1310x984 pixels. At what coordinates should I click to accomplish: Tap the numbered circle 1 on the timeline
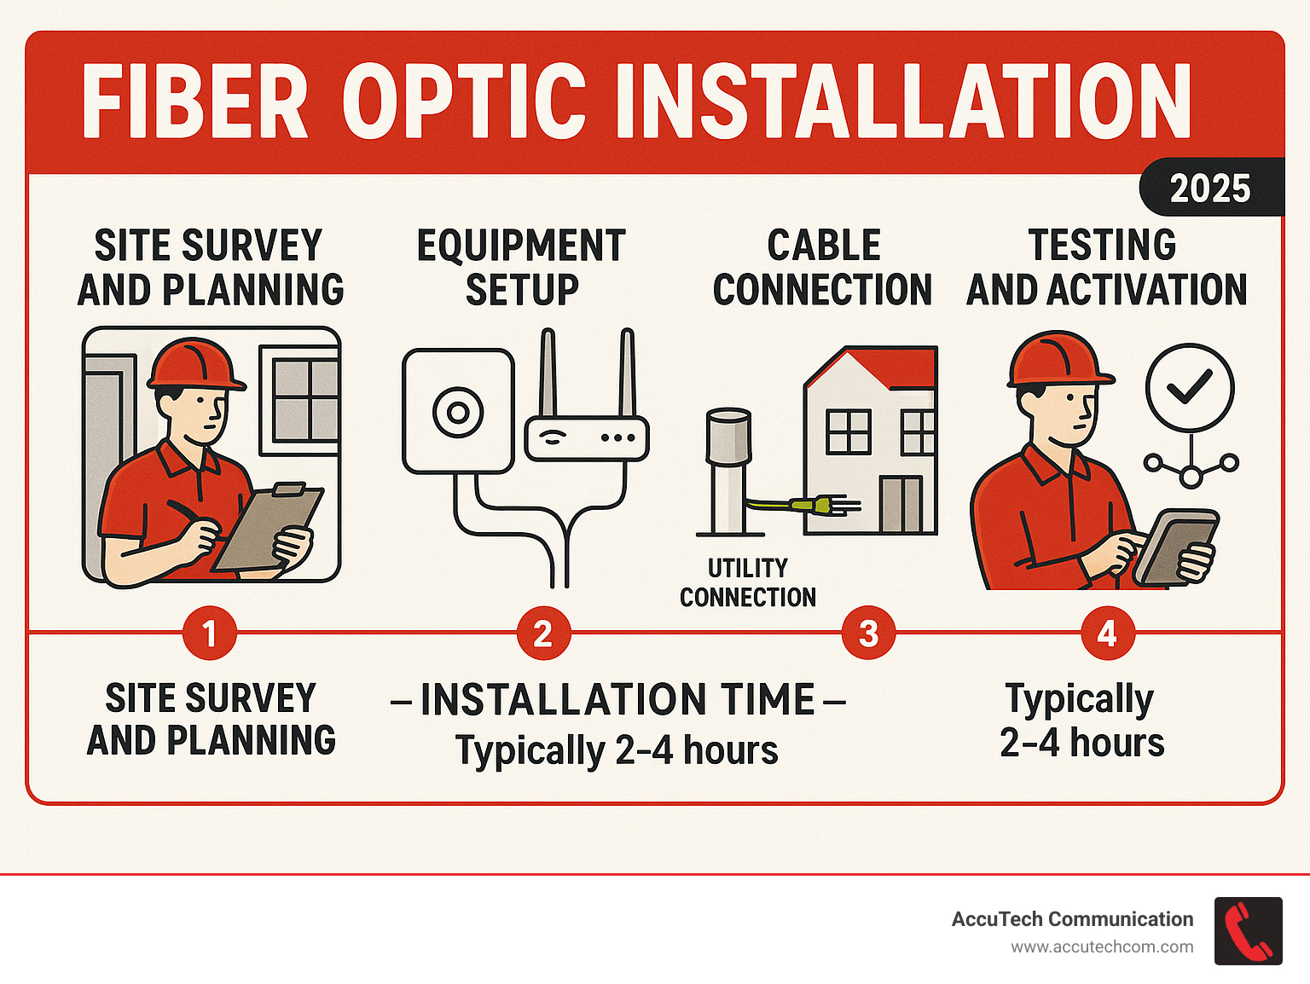[209, 634]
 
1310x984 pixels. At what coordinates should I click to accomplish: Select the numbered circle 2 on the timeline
[543, 634]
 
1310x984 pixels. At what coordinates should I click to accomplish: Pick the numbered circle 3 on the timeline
[868, 634]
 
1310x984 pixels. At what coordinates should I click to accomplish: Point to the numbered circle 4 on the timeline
[1107, 634]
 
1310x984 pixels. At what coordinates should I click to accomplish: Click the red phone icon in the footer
[1248, 930]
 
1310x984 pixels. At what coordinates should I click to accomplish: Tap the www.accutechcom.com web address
[1102, 947]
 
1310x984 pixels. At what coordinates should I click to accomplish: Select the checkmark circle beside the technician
[1189, 388]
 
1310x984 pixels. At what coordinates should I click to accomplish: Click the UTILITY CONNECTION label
[747, 582]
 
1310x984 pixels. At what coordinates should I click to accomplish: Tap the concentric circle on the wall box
[458, 413]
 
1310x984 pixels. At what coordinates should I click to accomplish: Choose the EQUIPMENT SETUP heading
[521, 267]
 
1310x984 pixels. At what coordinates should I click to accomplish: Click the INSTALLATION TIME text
[617, 700]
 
